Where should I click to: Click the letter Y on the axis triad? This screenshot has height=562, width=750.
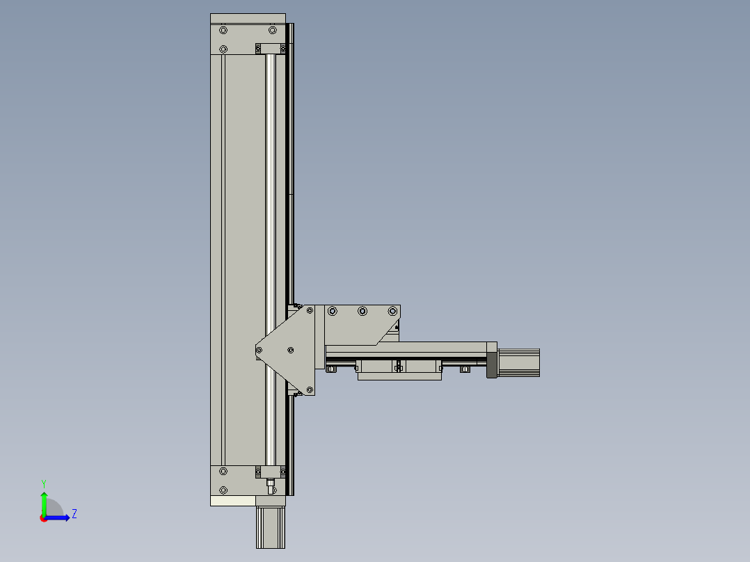43,483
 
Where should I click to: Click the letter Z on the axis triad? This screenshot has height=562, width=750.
74,514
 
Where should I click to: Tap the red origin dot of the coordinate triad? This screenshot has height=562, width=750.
43,518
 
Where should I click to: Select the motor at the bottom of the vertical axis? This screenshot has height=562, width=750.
271,527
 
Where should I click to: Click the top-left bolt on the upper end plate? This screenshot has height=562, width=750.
223,31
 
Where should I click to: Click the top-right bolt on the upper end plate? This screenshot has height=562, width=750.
273,31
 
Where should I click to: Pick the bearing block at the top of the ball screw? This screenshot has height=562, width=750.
271,48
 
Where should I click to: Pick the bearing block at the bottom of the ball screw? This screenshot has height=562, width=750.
270,472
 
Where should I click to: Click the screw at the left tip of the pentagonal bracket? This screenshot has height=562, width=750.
260,351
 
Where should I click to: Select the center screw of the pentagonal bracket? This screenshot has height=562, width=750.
291,351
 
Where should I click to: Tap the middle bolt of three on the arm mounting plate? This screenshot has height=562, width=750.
362,311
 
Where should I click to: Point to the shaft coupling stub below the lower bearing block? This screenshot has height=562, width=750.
271,484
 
